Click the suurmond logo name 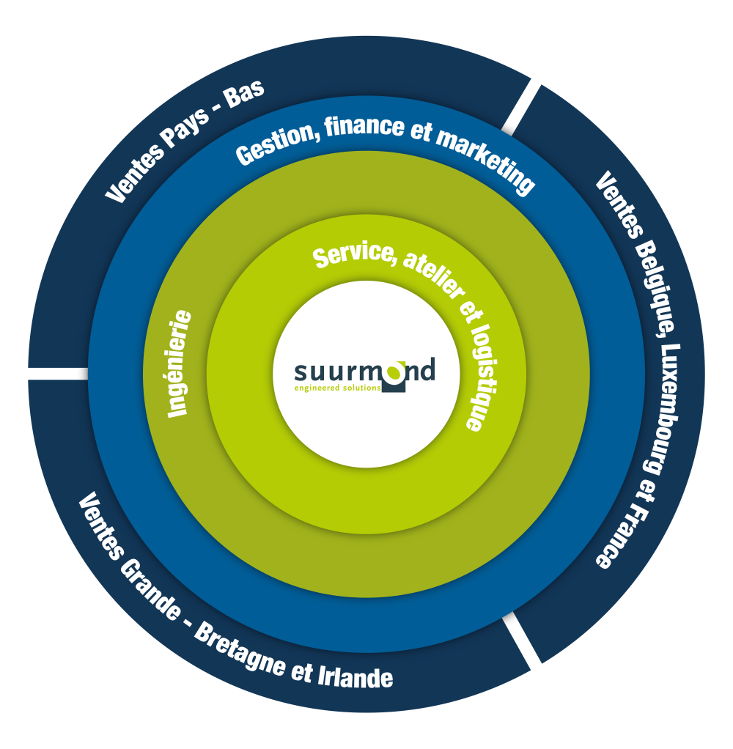tap(364, 369)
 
